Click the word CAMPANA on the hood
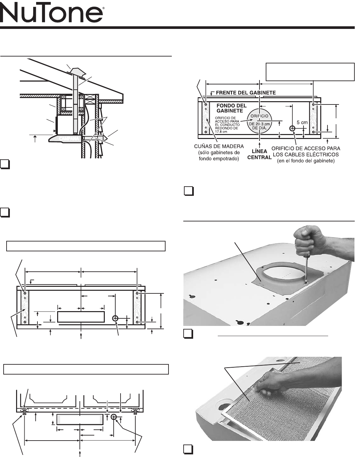coord(69,139)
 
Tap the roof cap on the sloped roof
coord(78,71)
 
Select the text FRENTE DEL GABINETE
coord(246,93)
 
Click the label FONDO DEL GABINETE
coord(232,108)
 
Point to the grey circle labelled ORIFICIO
coord(259,121)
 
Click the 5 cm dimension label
coord(302,122)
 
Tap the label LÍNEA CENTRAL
coord(259,154)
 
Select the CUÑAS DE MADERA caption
coord(219,152)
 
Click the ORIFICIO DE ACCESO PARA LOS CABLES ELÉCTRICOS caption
coord(306,154)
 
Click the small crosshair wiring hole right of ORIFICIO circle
coord(292,128)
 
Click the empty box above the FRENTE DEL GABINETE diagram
coord(310,72)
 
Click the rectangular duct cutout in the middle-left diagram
coord(81,317)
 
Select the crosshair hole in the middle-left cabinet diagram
coord(115,318)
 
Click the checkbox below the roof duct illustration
coord(5,164)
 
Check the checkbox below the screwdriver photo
coord(189,333)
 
